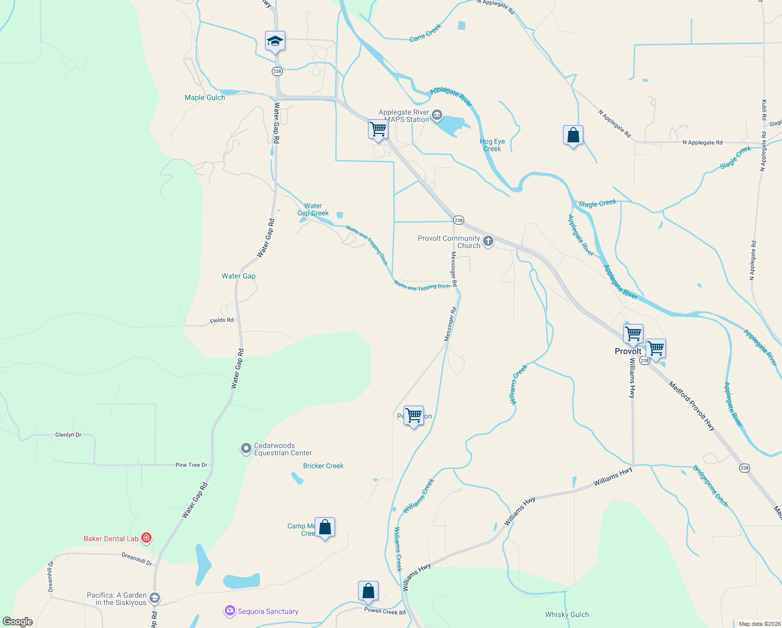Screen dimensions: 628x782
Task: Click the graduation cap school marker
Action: coord(275,41)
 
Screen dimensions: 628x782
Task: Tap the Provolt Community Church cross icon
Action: coord(488,241)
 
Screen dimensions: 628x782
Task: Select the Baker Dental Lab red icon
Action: coord(146,538)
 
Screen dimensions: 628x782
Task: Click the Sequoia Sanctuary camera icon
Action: coord(230,611)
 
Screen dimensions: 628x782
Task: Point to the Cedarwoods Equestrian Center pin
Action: coord(246,449)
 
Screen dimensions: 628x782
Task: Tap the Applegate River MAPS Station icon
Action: coord(437,115)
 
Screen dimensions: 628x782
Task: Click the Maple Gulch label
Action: coord(205,97)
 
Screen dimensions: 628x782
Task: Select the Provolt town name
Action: coord(628,351)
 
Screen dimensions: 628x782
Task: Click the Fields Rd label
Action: coord(222,320)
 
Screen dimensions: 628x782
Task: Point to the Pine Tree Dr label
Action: coord(191,465)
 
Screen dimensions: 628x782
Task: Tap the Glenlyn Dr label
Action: coord(68,435)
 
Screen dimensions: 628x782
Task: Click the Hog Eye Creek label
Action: coord(492,145)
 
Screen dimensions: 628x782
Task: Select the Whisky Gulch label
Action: coord(567,614)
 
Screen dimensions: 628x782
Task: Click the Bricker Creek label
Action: coord(323,466)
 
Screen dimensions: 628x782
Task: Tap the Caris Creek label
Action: coord(425,32)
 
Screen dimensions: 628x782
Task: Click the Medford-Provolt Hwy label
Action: coord(692,406)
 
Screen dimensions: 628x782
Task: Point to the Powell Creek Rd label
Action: coord(385,611)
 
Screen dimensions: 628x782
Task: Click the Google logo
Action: coord(18,622)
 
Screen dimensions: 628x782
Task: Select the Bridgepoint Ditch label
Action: coord(710,486)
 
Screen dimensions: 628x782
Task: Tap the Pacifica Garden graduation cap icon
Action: coord(154,598)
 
